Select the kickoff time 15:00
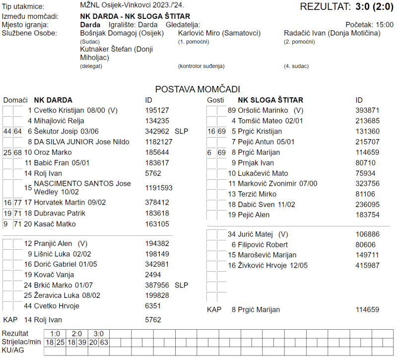click(x=385, y=24)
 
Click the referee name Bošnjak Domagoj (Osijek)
click(x=122, y=33)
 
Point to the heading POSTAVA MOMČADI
click(x=198, y=89)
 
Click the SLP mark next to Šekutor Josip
click(x=182, y=131)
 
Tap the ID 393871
click(x=367, y=110)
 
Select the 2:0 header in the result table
click(x=77, y=334)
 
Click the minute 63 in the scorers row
click(x=105, y=342)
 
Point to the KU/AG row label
click(x=13, y=351)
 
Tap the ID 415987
click(x=367, y=266)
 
